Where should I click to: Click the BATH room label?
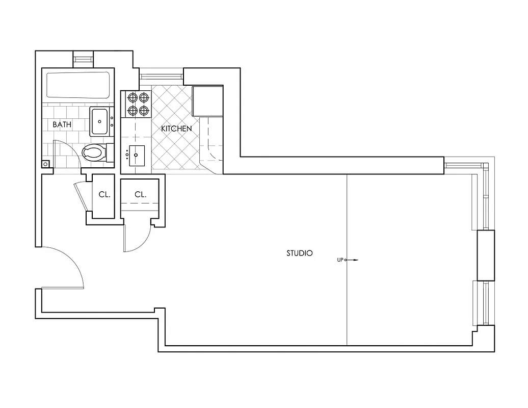pyautogui.click(x=62, y=124)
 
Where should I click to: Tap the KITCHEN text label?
pyautogui.click(x=176, y=129)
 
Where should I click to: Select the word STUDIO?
pyautogui.click(x=299, y=253)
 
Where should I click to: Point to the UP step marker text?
pyautogui.click(x=340, y=260)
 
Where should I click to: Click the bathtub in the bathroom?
pyautogui.click(x=78, y=85)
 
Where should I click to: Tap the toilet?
pyautogui.click(x=94, y=152)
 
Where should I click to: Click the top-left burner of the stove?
pyautogui.click(x=133, y=97)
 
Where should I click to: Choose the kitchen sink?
pyautogui.click(x=137, y=155)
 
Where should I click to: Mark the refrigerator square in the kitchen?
pyautogui.click(x=207, y=101)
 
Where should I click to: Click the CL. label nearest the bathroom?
pyautogui.click(x=104, y=195)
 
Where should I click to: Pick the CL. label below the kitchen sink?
pyautogui.click(x=141, y=195)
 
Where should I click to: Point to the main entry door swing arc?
pyautogui.click(x=71, y=260)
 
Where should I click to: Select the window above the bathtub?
pyautogui.click(x=84, y=59)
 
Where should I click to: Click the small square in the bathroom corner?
pyautogui.click(x=46, y=164)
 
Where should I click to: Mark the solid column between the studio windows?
pyautogui.click(x=485, y=255)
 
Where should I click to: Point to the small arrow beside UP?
pyautogui.click(x=353, y=260)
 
